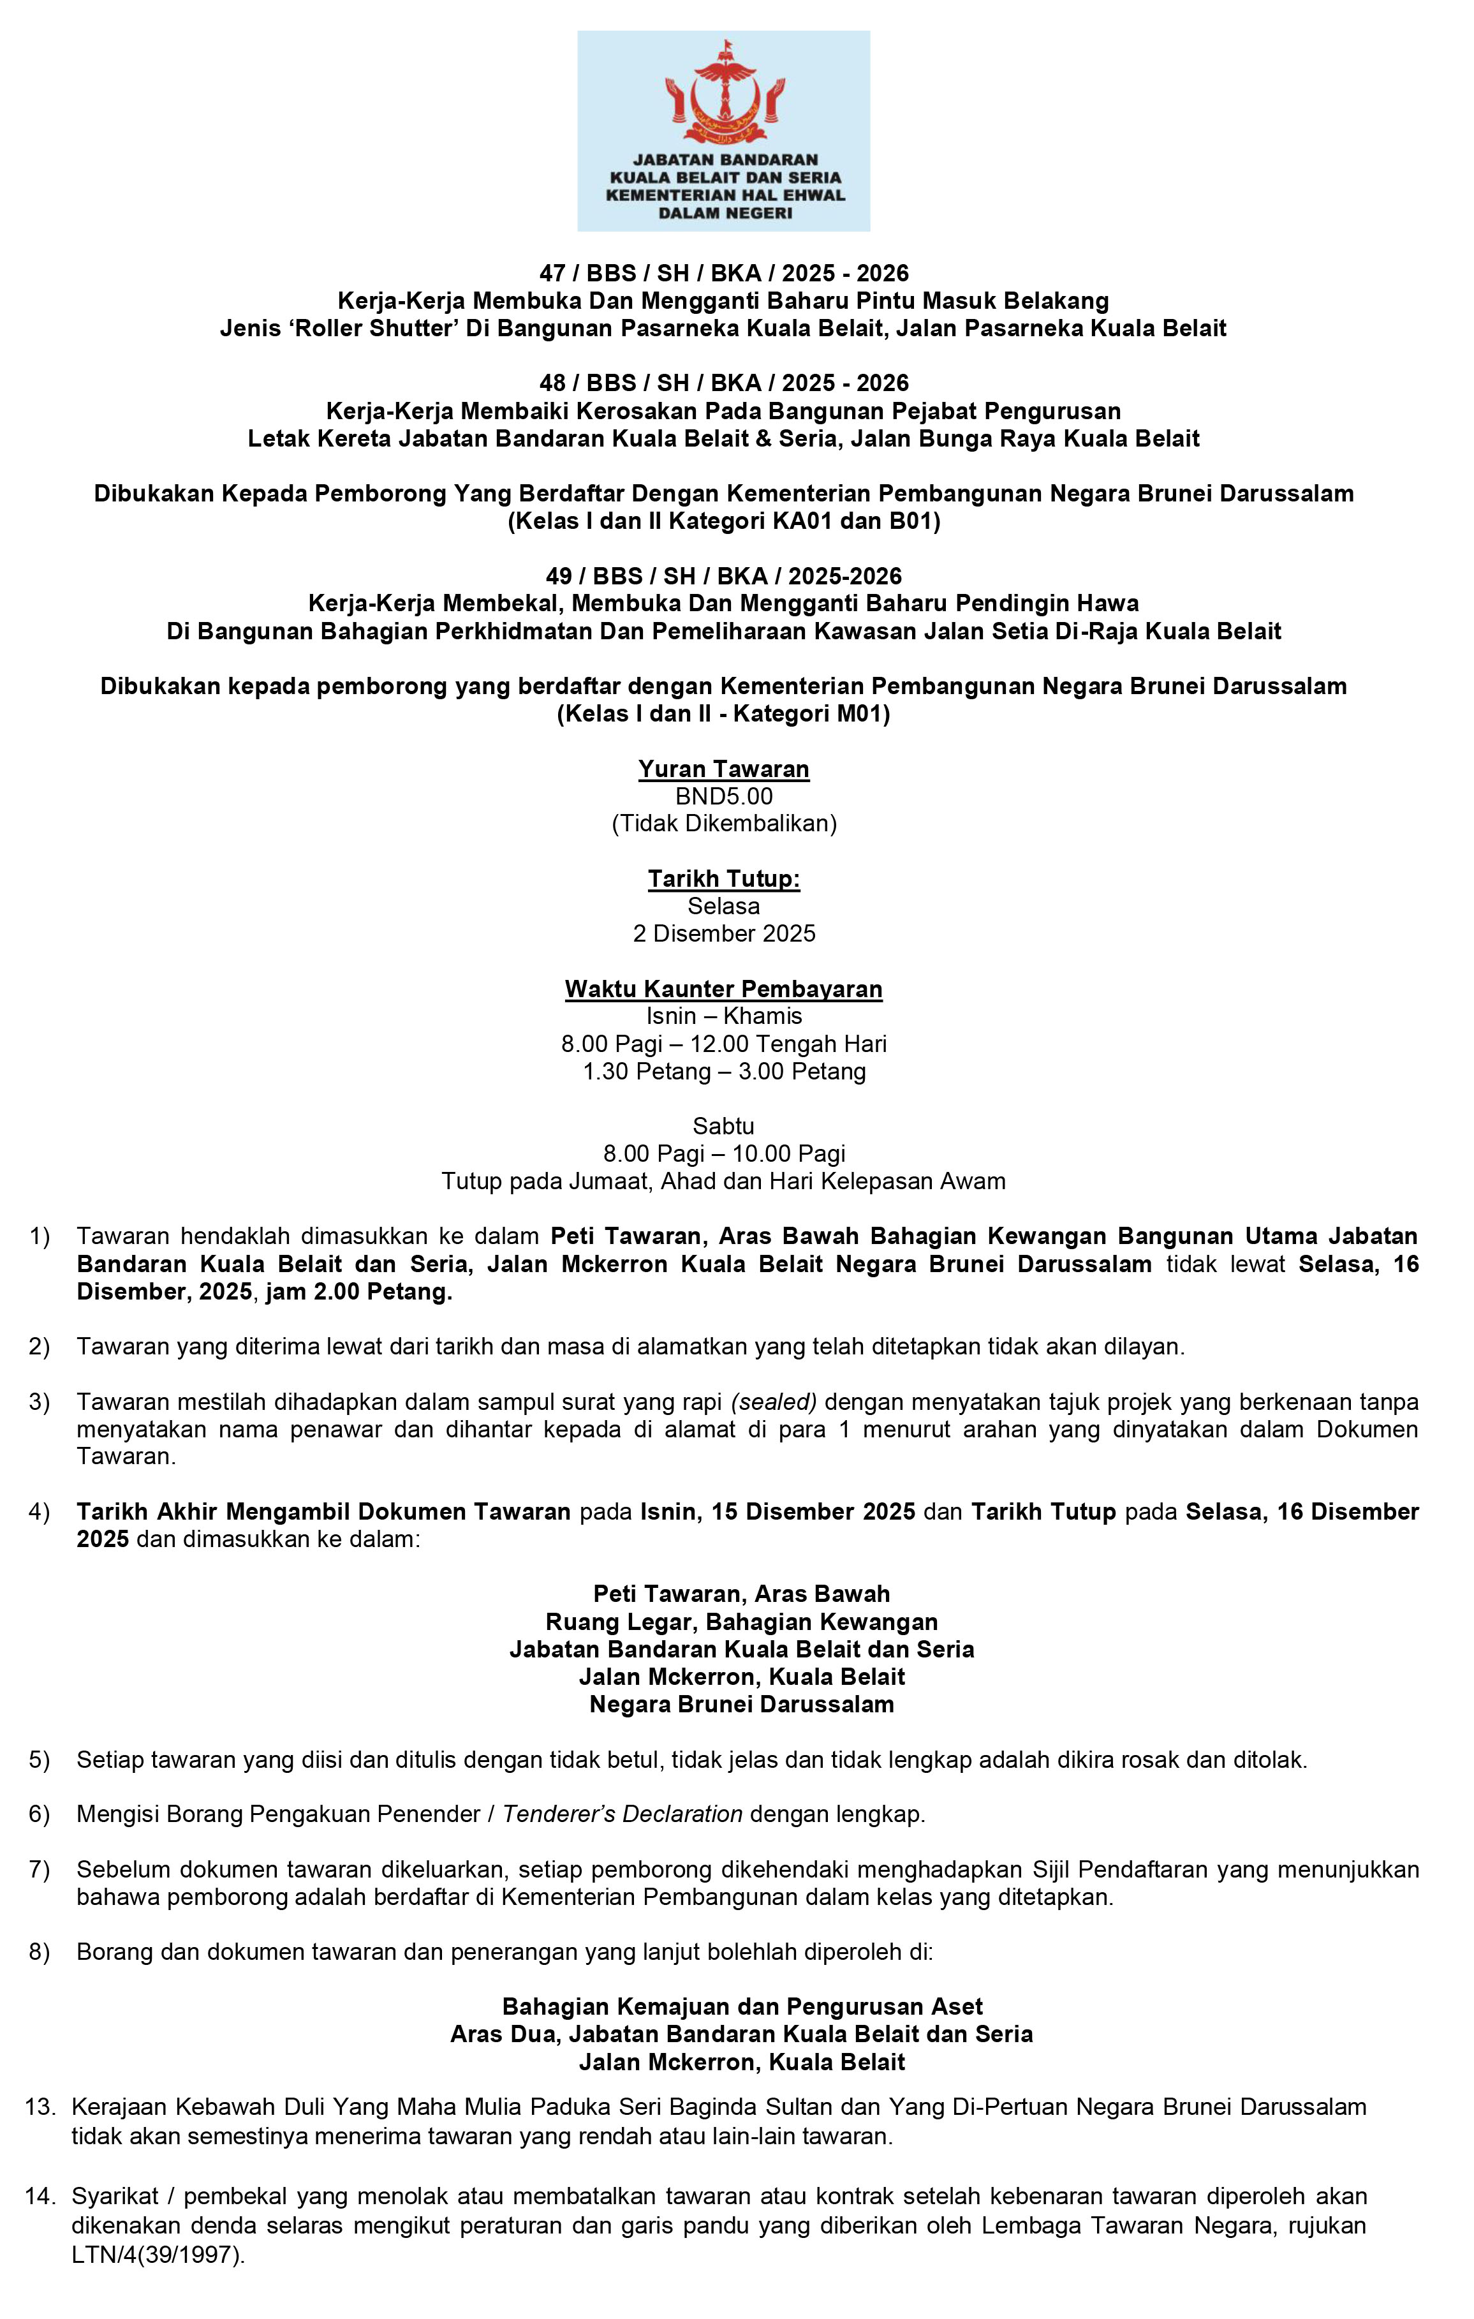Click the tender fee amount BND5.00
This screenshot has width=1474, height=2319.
tap(724, 796)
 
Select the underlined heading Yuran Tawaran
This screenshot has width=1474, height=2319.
tap(724, 769)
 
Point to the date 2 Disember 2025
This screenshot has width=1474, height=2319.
tap(724, 933)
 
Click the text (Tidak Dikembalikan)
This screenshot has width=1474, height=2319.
tap(724, 824)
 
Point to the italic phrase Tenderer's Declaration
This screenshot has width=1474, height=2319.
tap(622, 1814)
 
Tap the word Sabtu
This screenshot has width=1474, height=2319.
tap(724, 1126)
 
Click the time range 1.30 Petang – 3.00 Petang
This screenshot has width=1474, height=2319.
tap(724, 1071)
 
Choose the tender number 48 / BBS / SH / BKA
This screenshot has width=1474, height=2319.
tap(651, 383)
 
